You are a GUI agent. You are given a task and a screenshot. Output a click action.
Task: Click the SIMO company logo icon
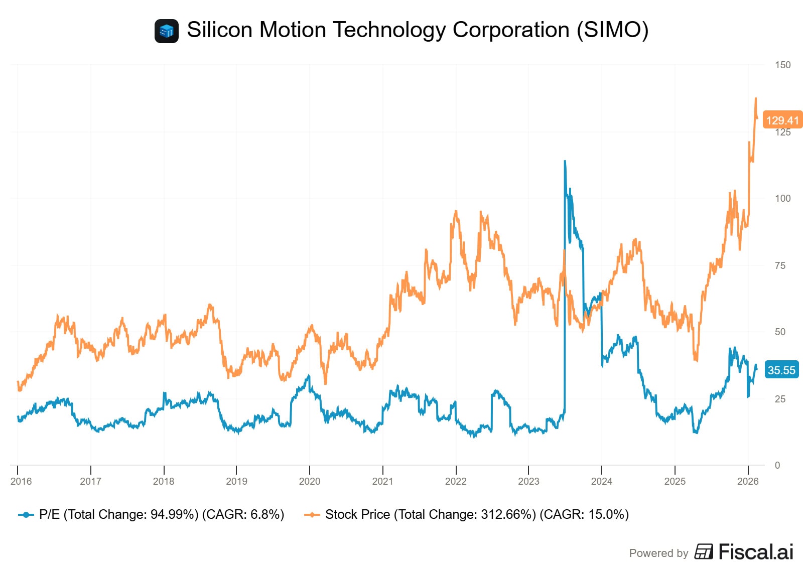166,31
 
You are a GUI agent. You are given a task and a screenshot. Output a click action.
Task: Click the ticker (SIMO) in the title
612,30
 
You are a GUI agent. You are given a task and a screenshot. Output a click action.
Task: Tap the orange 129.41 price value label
782,120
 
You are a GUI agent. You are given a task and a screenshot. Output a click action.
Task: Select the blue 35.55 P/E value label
781,370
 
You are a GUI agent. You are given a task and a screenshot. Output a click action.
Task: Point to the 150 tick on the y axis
782,65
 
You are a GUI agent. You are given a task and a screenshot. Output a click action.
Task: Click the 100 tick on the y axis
782,198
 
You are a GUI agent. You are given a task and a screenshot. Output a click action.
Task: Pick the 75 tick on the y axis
780,265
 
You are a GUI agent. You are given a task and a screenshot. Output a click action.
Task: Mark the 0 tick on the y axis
777,465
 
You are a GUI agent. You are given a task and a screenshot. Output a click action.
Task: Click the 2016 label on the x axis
21,481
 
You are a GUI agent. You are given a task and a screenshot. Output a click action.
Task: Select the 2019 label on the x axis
236,481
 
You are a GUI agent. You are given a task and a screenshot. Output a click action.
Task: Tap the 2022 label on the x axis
456,481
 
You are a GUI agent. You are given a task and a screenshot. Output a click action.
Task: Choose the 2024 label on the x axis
601,481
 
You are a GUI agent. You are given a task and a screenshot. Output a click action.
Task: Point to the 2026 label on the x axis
748,481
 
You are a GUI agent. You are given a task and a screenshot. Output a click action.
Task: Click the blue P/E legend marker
26,515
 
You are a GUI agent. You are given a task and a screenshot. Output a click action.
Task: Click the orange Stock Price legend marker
312,515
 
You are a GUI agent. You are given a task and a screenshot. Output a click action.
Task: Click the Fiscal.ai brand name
755,552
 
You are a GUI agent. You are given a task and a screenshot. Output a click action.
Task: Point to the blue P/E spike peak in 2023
565,161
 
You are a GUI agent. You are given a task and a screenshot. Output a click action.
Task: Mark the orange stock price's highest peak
756,99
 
